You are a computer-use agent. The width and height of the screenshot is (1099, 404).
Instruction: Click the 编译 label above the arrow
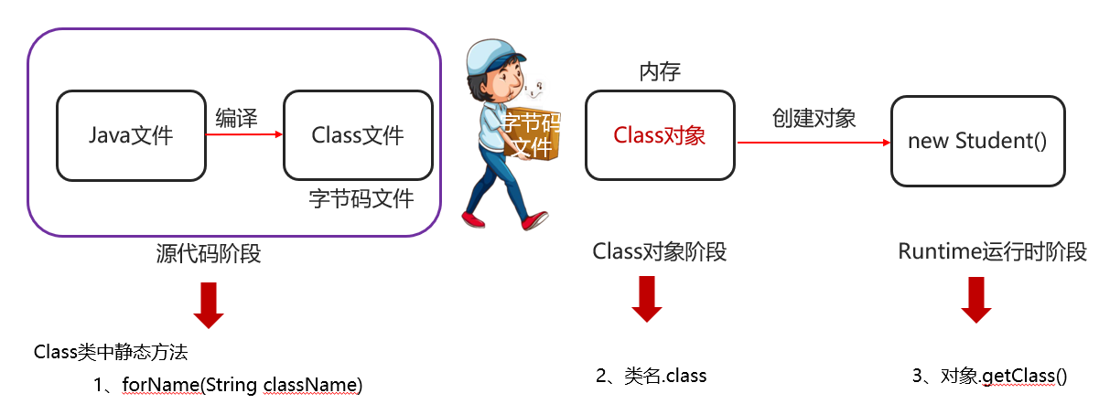236,118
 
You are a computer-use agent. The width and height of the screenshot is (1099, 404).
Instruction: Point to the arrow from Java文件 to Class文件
244,134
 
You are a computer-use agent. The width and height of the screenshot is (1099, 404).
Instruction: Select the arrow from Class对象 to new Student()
813,143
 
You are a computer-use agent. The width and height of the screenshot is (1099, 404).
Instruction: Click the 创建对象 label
813,118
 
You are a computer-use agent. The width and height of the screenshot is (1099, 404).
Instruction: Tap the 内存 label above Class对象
660,72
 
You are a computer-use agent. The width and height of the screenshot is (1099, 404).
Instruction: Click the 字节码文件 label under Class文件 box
361,199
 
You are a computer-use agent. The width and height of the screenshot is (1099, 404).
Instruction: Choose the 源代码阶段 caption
209,253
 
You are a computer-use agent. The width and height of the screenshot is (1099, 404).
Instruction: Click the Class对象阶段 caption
660,251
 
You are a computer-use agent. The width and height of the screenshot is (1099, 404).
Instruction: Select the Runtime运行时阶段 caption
992,251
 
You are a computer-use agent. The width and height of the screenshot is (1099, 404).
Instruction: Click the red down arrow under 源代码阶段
209,305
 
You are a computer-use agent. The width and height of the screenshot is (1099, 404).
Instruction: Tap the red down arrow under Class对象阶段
647,299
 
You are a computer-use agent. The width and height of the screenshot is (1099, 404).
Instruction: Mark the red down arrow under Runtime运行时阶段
976,300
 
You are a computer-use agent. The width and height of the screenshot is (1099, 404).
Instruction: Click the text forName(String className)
242,385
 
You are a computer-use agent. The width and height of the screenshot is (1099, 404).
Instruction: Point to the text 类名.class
665,376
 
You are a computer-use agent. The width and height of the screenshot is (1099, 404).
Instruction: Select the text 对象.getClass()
1004,376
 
